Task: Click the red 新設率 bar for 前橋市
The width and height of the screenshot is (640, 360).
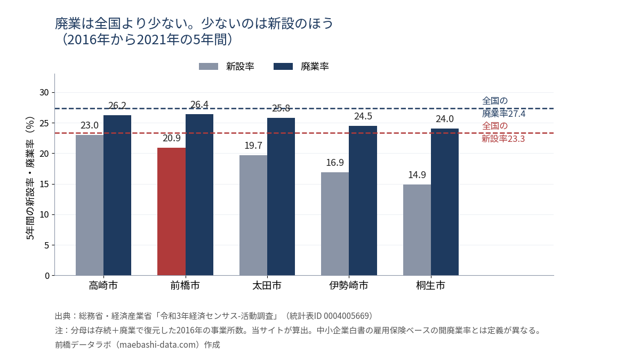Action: click(171, 212)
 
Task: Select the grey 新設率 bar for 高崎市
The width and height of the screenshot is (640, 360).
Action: click(90, 205)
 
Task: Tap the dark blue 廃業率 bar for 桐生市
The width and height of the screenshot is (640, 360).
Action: click(445, 202)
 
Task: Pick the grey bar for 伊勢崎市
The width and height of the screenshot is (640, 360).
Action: click(335, 224)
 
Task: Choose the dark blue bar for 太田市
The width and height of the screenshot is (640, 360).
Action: click(281, 197)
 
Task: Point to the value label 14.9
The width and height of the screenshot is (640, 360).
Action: click(417, 175)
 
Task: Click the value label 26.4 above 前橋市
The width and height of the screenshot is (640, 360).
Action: click(199, 105)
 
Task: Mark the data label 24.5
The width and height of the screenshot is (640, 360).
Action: click(363, 116)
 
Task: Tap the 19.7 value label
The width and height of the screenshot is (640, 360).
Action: click(253, 146)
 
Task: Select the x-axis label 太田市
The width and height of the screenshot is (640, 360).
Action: click(267, 285)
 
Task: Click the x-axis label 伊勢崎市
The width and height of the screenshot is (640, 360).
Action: click(349, 285)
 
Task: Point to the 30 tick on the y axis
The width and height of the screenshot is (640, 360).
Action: click(44, 93)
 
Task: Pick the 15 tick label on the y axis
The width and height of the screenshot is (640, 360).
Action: click(44, 185)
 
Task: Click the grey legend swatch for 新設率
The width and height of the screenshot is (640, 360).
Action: click(209, 67)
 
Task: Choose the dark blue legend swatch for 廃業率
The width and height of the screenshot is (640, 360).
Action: click(283, 67)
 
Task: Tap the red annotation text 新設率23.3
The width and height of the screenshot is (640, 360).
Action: click(503, 139)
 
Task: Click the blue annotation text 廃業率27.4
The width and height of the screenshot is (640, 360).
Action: click(503, 114)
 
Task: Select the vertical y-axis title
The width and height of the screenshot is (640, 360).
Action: click(30, 178)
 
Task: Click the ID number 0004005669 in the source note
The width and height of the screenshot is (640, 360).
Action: click(346, 316)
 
